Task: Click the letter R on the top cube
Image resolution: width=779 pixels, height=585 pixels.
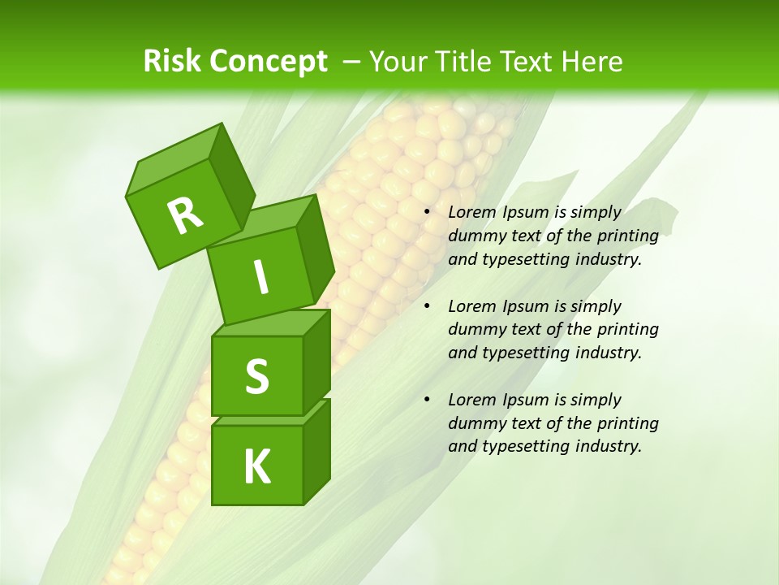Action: tap(185, 215)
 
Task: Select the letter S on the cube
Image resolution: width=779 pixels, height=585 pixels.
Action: tap(256, 376)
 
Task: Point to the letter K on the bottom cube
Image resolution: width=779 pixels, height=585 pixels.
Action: tap(256, 467)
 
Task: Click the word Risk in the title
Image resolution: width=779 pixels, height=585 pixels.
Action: tap(171, 62)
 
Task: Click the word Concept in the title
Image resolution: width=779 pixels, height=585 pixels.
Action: tap(268, 62)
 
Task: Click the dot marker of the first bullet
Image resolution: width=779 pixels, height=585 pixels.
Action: tap(427, 213)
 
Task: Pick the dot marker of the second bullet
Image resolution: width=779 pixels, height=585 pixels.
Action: tap(427, 307)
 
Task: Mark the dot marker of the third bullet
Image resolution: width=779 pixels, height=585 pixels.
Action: tap(427, 401)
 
